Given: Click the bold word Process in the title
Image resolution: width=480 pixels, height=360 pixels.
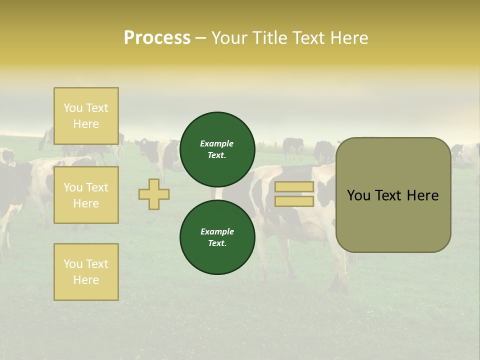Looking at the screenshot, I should (157, 38).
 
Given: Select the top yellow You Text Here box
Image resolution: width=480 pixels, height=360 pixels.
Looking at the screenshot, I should (86, 116).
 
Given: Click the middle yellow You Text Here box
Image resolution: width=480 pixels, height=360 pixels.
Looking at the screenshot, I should (86, 195).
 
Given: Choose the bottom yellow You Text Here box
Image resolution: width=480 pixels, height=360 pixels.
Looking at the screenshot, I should (86, 271).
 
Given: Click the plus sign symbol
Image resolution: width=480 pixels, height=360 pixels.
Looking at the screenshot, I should (154, 194).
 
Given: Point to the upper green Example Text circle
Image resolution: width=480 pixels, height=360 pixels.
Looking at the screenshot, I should (217, 149).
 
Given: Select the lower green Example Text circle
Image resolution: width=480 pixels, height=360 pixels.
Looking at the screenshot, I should (217, 237).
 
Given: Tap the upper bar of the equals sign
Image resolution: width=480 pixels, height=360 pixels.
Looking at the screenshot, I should (294, 187).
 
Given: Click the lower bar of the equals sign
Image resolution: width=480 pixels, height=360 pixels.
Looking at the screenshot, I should (294, 201).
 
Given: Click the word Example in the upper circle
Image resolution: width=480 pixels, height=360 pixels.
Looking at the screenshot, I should (217, 143).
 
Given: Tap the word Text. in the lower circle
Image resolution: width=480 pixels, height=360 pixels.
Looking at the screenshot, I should (217, 243).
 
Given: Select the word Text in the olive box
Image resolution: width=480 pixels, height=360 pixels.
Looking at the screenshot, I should (389, 195).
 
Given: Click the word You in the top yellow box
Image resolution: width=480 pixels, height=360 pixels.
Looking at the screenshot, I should (73, 108).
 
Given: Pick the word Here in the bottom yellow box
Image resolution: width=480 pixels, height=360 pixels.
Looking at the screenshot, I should (86, 280).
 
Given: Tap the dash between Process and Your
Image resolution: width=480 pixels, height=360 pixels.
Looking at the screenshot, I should (201, 38).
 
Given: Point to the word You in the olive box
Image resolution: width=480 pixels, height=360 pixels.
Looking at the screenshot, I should (359, 195).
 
